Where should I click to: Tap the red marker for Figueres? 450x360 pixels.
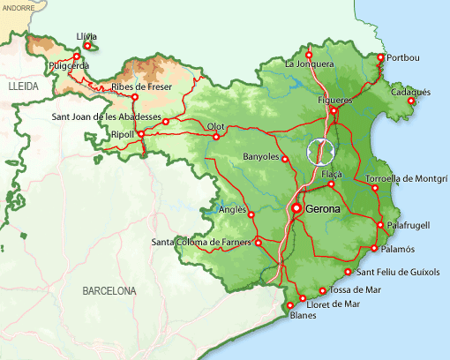tap(334, 111)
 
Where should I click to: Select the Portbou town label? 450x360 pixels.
tap(403, 58)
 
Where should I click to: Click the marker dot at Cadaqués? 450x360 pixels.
tap(410, 101)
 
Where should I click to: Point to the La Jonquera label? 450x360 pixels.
tap(309, 64)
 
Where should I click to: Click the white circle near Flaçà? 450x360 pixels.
tap(321, 152)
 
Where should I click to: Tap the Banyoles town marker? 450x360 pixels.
tap(285, 159)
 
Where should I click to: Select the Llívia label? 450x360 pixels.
tap(86, 36)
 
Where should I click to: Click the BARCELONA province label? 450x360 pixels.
tap(109, 290)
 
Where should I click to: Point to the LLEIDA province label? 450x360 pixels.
tap(25, 89)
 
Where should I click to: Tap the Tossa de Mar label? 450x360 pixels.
tap(356, 289)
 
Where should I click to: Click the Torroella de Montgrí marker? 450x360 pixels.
tap(374, 188)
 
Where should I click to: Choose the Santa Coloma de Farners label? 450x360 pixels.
tap(201, 243)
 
